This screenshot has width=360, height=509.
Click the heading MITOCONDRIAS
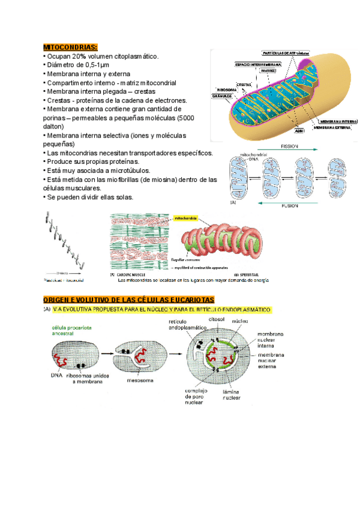[70, 47]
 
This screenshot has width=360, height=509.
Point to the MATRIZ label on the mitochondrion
[268, 70]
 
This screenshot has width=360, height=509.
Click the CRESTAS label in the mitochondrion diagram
[244, 84]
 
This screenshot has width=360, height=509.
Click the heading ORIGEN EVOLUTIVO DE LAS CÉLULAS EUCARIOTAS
[128, 300]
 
